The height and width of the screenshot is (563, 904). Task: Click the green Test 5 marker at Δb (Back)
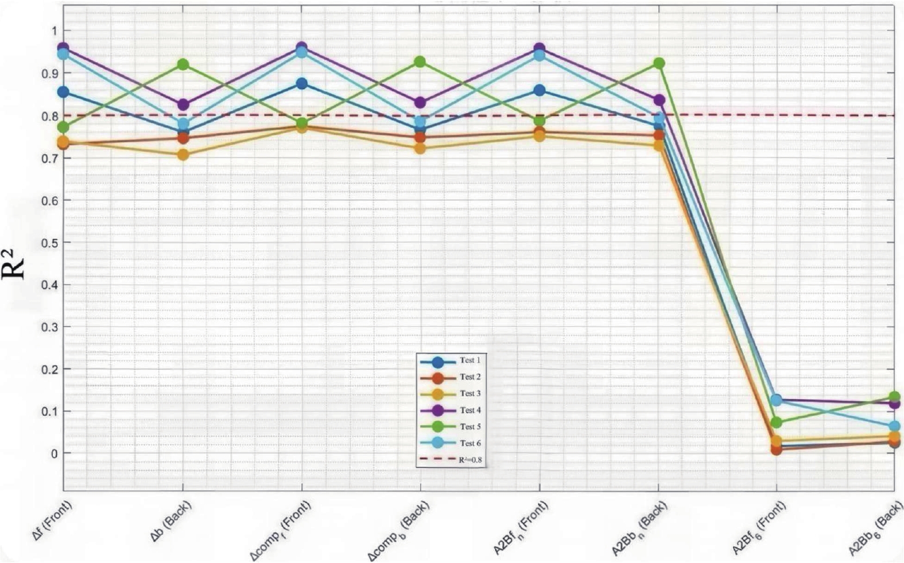coord(183,64)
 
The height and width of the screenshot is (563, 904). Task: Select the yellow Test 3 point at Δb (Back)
coord(183,154)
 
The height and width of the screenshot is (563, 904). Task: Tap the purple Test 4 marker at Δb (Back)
coord(183,105)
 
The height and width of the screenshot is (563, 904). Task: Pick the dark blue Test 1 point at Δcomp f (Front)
coord(302,84)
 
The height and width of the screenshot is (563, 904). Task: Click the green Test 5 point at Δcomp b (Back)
coord(420,62)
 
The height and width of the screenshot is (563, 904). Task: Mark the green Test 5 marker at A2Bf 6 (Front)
coord(777,422)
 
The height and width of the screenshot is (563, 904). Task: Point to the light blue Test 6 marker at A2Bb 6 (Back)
coord(894,426)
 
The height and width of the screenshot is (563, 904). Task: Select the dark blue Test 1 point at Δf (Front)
coord(63,92)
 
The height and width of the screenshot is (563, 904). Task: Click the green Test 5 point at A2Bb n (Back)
coord(659,63)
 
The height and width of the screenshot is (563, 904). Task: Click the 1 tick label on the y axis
coord(53,30)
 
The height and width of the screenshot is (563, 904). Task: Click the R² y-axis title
coord(17,263)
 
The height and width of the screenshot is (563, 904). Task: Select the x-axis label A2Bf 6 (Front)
coord(758,528)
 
